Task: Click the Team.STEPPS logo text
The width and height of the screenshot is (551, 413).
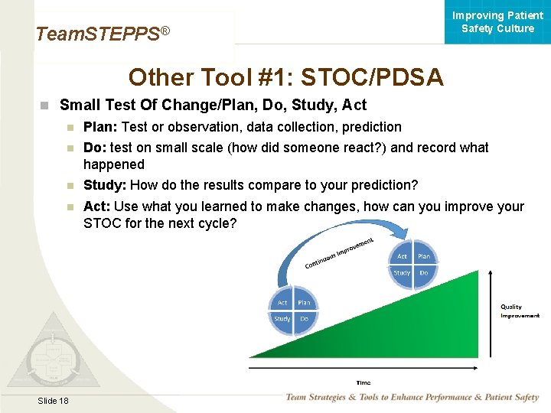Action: point(102,34)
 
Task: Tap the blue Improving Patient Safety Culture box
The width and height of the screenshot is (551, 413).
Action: point(497,22)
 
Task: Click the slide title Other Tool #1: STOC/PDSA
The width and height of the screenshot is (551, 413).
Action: point(285,77)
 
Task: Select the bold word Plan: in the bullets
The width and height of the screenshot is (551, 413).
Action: point(100,127)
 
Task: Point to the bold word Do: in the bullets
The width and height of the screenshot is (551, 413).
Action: point(95,148)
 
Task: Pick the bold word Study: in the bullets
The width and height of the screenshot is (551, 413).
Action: point(105,185)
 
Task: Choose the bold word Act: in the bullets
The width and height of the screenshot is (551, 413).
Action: point(96,206)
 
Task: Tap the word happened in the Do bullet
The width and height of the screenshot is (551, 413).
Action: point(113,164)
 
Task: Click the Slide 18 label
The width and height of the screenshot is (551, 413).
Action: point(52,401)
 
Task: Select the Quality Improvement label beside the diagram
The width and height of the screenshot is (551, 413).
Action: point(520,311)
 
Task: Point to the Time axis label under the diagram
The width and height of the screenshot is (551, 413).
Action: point(363,382)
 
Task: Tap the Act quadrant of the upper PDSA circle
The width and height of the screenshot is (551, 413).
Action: point(403,257)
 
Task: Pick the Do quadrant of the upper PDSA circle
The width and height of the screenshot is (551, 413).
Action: point(423,273)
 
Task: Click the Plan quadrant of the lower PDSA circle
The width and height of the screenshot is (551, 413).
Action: point(304,303)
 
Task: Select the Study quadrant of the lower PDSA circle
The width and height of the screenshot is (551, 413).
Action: point(282,319)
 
